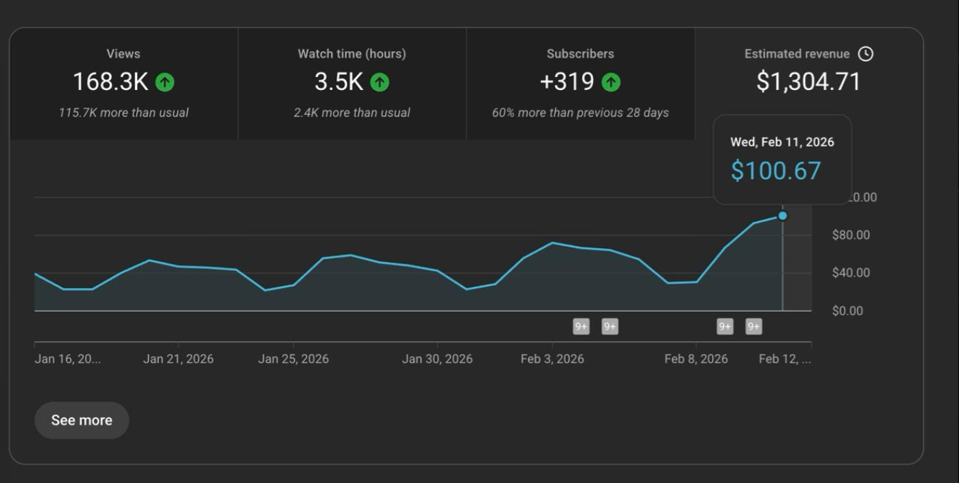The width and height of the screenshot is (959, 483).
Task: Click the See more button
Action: pos(81,420)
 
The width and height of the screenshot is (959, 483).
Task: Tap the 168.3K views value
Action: pos(111,82)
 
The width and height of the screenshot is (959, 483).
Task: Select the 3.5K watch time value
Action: pos(339,82)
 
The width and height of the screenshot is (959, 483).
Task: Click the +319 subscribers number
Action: pos(567,82)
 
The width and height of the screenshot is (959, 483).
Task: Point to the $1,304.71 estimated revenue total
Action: pos(808,82)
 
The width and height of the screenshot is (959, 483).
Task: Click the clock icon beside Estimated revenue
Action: pos(866,54)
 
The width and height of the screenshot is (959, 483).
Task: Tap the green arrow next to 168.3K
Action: pos(165,83)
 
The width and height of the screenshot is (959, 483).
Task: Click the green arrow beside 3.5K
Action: pos(380,83)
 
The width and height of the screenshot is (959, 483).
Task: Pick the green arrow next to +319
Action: pos(611,83)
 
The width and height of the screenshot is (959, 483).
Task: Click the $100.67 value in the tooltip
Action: pos(776,171)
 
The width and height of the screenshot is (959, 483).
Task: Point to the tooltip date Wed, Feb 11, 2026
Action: pos(782,142)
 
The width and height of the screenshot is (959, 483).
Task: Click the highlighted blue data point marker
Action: pos(783,215)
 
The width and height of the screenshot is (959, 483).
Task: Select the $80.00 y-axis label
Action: pos(851,235)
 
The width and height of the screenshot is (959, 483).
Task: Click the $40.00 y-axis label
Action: pos(851,273)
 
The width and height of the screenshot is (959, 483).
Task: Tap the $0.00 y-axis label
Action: pos(848,310)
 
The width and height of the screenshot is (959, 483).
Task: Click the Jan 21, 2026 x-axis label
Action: pos(178,359)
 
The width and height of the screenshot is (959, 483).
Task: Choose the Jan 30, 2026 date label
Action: pos(437,359)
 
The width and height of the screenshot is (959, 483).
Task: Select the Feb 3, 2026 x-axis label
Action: pos(552,359)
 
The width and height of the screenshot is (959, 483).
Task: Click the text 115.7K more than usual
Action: pos(123,113)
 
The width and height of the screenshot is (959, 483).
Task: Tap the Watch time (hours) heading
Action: pos(352,54)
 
